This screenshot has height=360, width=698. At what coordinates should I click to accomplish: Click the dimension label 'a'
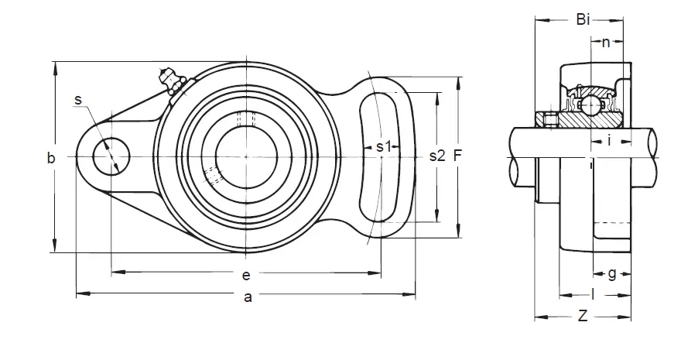(x=248, y=297)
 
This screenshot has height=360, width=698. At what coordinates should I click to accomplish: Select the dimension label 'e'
(x=246, y=276)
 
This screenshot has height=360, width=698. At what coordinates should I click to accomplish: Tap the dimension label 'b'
(x=52, y=158)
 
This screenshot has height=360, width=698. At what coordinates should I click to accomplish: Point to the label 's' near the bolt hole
(x=78, y=99)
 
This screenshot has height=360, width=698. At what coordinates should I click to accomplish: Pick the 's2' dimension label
(x=437, y=156)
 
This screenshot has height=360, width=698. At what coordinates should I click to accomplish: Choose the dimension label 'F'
(x=457, y=156)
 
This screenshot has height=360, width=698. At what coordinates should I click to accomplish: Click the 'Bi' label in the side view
(x=583, y=19)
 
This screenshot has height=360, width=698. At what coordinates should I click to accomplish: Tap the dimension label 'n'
(x=605, y=43)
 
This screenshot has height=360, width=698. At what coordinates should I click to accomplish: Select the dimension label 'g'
(x=612, y=273)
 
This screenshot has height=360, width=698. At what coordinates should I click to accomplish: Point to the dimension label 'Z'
(x=582, y=317)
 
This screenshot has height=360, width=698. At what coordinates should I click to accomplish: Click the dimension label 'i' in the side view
(x=609, y=141)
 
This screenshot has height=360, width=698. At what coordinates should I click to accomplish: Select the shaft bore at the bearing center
(x=247, y=156)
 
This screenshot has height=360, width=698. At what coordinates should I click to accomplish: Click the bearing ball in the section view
(x=590, y=105)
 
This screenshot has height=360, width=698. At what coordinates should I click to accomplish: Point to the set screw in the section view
(x=549, y=120)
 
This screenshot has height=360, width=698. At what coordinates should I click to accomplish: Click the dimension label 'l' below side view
(x=593, y=294)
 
